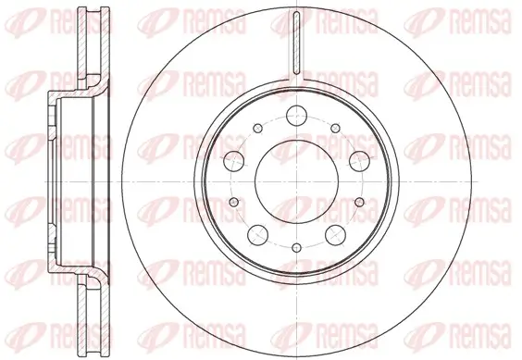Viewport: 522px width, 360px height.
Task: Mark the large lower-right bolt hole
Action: point(331,231)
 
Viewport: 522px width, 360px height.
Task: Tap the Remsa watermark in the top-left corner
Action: point(38,16)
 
